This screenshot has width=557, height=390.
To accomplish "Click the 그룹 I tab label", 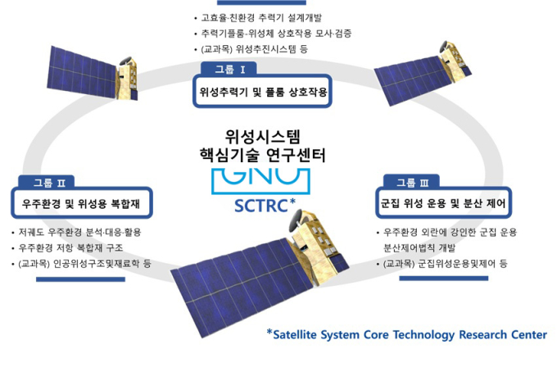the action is pos(229,69).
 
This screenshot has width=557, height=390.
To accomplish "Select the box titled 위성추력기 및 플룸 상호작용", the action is pos(262,91).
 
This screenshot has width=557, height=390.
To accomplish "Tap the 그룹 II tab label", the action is pos(49,183).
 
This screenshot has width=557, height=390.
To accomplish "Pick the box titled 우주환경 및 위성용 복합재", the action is pos(81,203).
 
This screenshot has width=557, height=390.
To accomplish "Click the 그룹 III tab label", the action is pos(412,183).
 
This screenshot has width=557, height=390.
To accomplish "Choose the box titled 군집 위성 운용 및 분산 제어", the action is pos(443,203).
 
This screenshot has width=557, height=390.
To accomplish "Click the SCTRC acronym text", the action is pos(261,206).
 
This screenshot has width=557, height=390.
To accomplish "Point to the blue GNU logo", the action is pos(260,181).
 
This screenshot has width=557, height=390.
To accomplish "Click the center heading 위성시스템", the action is pos(263,136).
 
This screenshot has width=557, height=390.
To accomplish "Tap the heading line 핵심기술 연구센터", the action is pos(262,155).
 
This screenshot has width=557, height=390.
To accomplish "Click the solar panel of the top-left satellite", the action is pos(82,73).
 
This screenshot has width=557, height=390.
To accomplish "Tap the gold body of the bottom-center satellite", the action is pos(315,245).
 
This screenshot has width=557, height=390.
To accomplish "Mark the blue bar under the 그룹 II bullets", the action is pos(80,279).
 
